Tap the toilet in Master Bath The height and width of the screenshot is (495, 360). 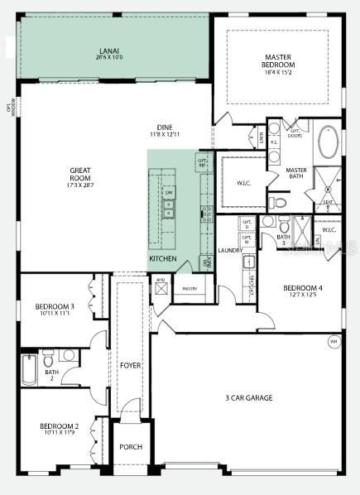[x=279, y=202]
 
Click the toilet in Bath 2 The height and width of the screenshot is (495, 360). [x=49, y=359]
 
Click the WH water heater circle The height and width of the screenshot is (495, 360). [x=334, y=341]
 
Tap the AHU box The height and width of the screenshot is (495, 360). [x=161, y=281]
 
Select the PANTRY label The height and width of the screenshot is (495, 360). [x=189, y=289]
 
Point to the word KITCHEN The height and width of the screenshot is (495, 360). [x=163, y=259]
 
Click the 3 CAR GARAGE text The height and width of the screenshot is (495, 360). [x=249, y=398]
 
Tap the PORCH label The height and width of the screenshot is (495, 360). [x=131, y=447]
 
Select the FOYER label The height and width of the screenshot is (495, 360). [x=131, y=364]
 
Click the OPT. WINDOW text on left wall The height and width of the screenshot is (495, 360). [x=11, y=108]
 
